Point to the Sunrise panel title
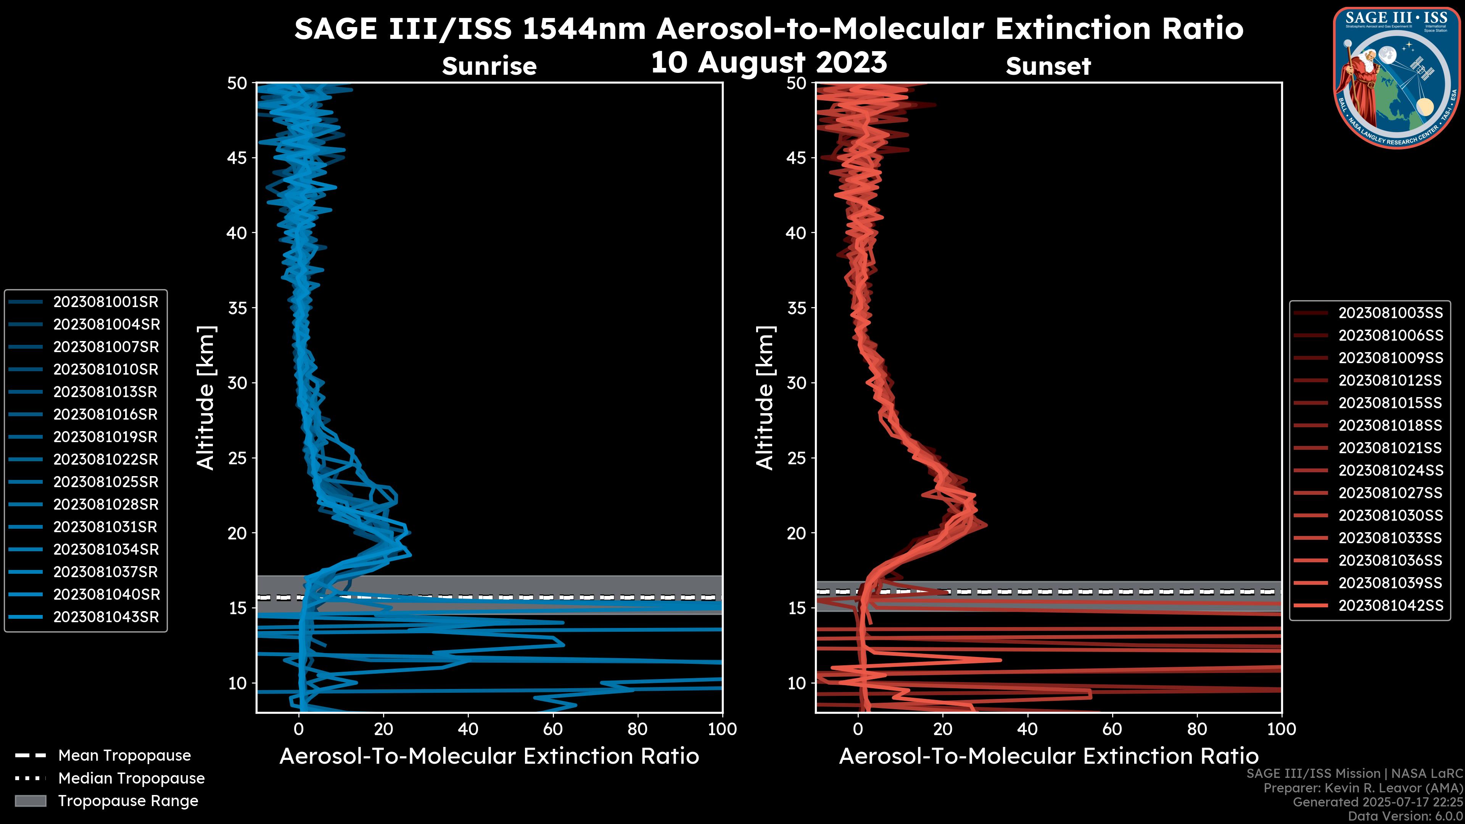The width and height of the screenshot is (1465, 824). click(x=489, y=66)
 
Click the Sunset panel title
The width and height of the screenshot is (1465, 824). click(x=1048, y=66)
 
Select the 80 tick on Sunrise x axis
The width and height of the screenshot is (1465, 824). click(x=638, y=729)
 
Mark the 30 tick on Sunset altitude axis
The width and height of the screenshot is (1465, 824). click(x=797, y=383)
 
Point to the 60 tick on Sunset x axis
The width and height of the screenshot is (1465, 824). click(x=1112, y=729)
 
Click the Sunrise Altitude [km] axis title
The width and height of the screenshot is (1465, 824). click(x=206, y=398)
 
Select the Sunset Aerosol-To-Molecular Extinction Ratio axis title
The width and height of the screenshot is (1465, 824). click(x=1048, y=756)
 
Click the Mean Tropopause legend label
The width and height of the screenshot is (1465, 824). click(x=124, y=756)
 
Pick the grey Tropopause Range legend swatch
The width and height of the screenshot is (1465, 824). click(x=30, y=801)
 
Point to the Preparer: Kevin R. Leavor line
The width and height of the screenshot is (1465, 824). click(x=1363, y=788)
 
